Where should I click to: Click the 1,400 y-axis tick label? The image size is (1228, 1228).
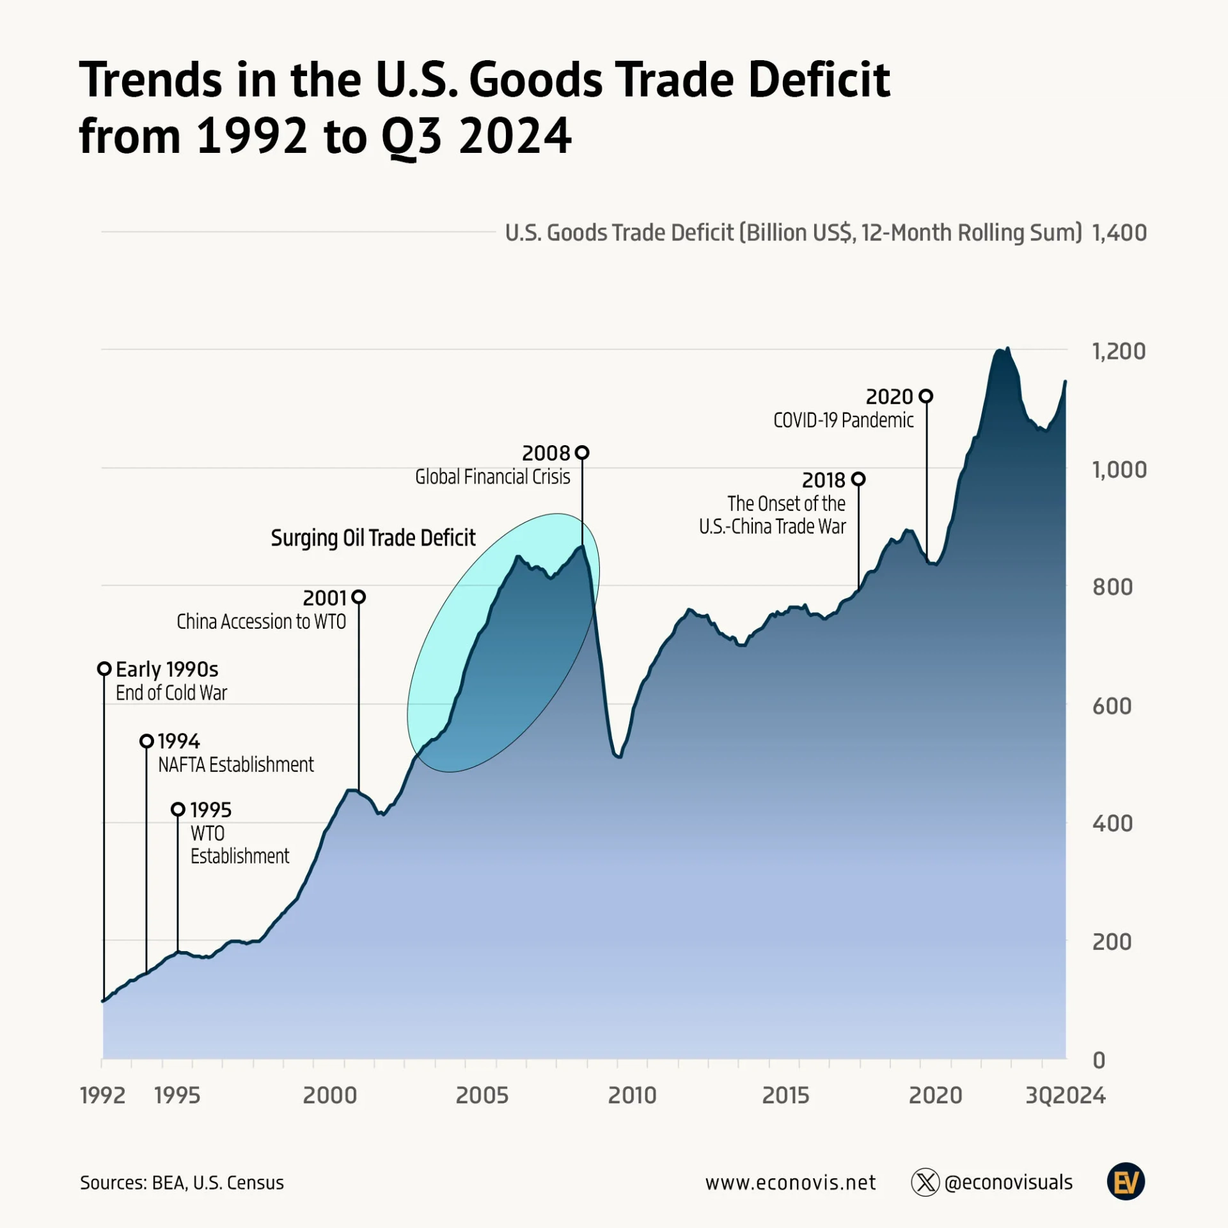[x=1119, y=233]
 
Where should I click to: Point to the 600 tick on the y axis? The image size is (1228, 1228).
[x=1112, y=706]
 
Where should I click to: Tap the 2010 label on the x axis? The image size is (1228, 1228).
[x=632, y=1096]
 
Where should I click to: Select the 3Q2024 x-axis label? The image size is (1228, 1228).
[x=1065, y=1096]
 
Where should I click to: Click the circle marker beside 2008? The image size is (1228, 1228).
[x=582, y=453]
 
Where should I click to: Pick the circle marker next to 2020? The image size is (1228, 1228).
[x=925, y=397]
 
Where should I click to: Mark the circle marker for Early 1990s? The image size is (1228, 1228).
[x=104, y=669]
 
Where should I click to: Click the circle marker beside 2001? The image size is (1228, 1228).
[x=359, y=597]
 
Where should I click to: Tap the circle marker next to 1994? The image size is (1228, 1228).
[x=146, y=741]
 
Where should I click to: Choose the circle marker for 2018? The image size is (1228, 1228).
[x=858, y=479]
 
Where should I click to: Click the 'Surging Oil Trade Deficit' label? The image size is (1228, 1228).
[x=373, y=538]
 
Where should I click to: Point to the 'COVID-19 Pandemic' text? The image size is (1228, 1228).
[x=843, y=420]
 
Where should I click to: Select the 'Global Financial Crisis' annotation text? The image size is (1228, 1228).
[x=492, y=476]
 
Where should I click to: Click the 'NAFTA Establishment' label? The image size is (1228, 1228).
[x=236, y=765]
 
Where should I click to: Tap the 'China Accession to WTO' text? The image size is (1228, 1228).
[x=261, y=622]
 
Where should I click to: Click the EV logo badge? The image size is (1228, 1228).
[x=1126, y=1182]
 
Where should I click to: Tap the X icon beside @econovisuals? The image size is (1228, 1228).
[x=925, y=1182]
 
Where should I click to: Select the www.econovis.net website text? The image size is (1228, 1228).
[x=791, y=1183]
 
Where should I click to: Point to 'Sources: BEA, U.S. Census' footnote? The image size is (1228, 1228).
[x=182, y=1183]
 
